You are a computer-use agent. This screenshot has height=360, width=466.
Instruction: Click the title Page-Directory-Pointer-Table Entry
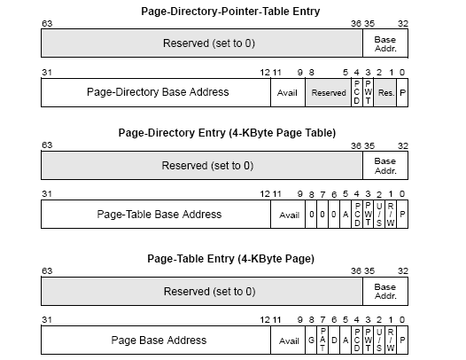(230, 12)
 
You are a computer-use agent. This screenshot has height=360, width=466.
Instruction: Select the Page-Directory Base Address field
(156, 92)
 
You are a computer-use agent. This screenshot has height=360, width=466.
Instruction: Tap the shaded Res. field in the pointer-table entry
(385, 92)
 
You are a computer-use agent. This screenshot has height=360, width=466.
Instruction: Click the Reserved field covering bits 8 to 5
(328, 92)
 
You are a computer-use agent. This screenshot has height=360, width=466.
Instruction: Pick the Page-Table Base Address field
(156, 215)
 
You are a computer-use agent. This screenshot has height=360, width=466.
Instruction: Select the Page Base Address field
(156, 340)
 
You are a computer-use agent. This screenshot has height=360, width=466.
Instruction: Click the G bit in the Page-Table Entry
(311, 340)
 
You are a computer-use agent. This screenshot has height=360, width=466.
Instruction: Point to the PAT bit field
(322, 340)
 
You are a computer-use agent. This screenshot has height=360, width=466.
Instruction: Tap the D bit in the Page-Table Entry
(334, 340)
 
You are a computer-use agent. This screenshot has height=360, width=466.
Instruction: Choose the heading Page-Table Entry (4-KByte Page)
(230, 259)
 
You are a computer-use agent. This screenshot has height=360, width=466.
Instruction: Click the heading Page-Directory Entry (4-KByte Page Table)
(227, 133)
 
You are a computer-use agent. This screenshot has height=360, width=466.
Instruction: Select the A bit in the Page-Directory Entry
(346, 215)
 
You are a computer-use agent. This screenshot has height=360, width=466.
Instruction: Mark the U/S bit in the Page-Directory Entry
(379, 215)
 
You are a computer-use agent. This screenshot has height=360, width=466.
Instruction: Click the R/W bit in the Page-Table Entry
(391, 340)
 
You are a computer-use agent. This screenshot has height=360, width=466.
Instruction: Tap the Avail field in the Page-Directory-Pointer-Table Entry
(288, 92)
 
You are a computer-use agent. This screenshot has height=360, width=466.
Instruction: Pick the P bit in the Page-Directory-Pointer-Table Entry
(402, 92)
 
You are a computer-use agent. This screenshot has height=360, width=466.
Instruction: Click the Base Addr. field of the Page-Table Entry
(385, 291)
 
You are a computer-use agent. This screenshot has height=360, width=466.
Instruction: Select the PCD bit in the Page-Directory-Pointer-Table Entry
(357, 92)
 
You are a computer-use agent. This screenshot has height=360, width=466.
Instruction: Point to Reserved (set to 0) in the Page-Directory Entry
(207, 166)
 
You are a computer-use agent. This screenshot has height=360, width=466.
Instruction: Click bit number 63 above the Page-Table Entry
(47, 271)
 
